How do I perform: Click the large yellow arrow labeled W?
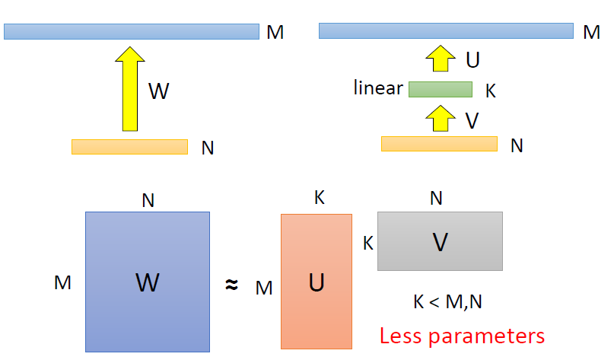133,90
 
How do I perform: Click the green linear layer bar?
441,90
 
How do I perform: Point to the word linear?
378,88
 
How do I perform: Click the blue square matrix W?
147,282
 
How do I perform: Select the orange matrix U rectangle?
316,281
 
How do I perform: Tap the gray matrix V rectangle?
440,241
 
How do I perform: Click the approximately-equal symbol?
232,285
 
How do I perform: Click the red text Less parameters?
462,335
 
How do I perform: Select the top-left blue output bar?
132,31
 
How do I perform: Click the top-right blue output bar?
446,30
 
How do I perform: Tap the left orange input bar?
129,146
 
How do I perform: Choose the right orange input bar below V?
439,144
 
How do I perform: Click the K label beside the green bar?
491,91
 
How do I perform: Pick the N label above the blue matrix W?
148,200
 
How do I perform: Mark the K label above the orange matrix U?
320,199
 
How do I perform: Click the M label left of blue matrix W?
62,283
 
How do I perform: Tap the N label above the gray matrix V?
436,199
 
